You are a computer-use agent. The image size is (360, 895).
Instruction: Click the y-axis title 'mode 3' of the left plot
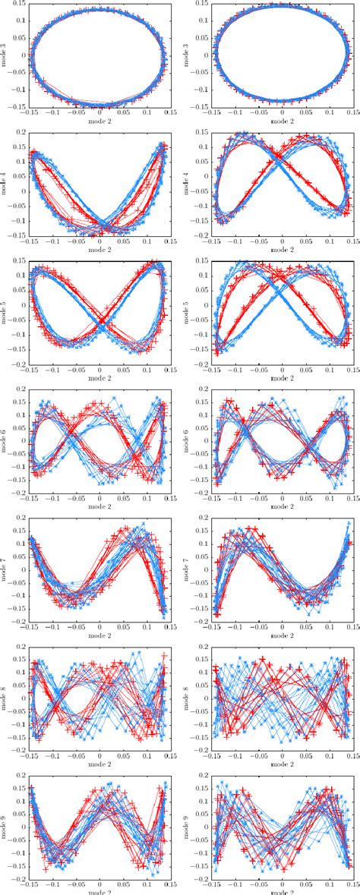tap(5, 55)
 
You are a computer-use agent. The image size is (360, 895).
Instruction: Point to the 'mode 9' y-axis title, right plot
tap(188, 824)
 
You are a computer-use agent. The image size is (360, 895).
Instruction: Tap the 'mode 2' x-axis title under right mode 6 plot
tap(283, 506)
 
